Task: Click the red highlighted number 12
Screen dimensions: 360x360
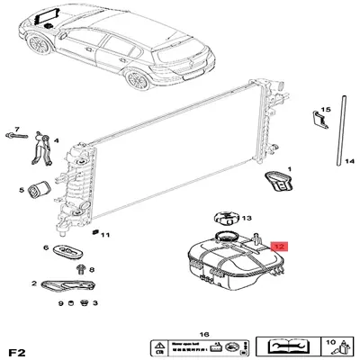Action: tap(279, 245)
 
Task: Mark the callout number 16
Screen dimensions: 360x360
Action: tap(204, 331)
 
